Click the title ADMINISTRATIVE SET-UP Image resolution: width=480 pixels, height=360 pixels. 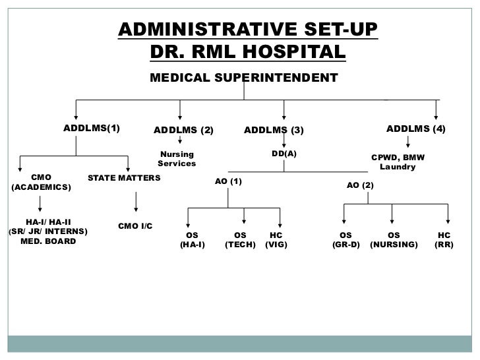click(247, 30)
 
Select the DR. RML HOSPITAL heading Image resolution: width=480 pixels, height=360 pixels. click(247, 51)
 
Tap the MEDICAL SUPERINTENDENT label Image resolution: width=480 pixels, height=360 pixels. click(243, 78)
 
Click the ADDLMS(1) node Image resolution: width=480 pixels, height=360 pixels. click(92, 128)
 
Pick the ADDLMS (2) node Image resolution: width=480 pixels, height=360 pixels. click(183, 130)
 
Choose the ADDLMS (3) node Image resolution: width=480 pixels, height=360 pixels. click(274, 130)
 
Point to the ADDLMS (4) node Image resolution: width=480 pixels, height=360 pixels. click(415, 128)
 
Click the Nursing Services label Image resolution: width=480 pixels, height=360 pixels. click(177, 158)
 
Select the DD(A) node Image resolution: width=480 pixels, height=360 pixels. click(284, 153)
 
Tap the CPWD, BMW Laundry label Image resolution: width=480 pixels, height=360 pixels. click(398, 162)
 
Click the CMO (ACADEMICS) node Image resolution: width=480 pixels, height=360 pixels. click(41, 183)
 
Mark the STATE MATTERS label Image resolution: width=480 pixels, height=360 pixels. click(124, 178)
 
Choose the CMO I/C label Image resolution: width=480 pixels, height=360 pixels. click(135, 226)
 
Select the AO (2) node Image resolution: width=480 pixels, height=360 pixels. click(360, 186)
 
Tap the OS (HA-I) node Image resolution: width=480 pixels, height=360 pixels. click(192, 239)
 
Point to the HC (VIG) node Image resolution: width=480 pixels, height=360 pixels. click(276, 239)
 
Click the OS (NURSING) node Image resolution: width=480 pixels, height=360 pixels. click(394, 239)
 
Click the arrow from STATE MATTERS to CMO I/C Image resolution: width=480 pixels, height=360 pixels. click(135, 201)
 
